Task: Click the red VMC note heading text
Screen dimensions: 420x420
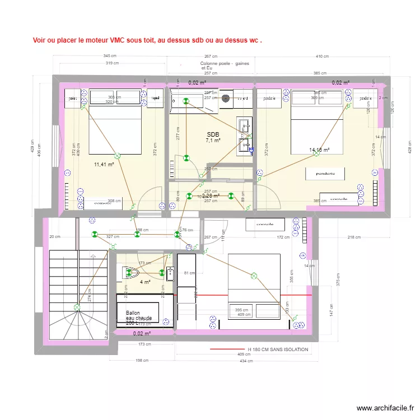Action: point(147,40)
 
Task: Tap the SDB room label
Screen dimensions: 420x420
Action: point(213,134)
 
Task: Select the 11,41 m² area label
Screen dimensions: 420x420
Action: point(104,165)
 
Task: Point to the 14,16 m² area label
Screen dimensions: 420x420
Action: point(319,150)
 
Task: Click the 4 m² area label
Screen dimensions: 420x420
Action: point(145,282)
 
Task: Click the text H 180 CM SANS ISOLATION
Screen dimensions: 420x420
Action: point(278,349)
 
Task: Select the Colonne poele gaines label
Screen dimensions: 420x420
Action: point(225,66)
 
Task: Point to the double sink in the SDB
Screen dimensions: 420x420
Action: point(245,136)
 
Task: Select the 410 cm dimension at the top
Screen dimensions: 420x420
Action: point(322,56)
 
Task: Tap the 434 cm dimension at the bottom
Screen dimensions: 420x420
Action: point(243,361)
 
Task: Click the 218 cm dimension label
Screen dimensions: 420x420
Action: point(354,237)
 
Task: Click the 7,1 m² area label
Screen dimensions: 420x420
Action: point(213,141)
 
